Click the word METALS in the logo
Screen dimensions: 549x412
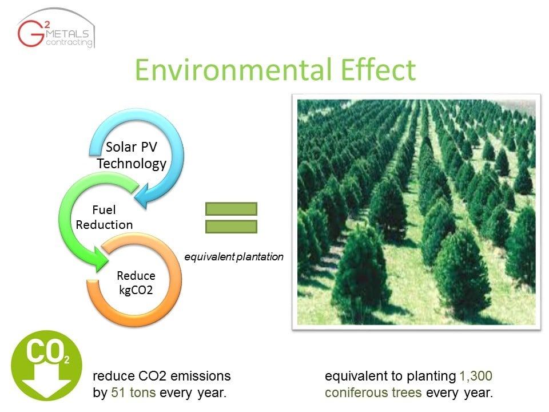(x=67, y=34)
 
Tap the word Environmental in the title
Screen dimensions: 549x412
(x=233, y=70)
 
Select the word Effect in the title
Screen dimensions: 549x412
(x=378, y=70)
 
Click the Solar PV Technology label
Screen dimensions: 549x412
(x=132, y=155)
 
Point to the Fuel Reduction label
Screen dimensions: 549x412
(x=104, y=217)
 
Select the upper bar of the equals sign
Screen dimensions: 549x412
(x=232, y=209)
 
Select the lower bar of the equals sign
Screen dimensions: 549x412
(x=232, y=227)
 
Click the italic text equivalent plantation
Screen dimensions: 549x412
(x=234, y=257)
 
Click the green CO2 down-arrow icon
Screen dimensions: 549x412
(x=46, y=366)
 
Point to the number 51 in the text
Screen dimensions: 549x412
(x=118, y=393)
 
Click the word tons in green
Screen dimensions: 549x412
(x=142, y=393)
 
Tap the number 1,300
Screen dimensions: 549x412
(x=476, y=376)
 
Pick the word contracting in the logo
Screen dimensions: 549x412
(x=69, y=42)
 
